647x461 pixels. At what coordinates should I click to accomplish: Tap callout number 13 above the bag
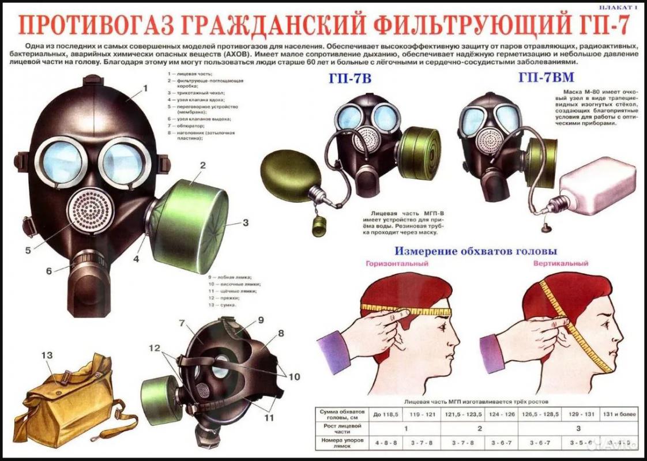(x=47, y=356)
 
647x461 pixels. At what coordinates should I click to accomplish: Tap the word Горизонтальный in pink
(x=397, y=264)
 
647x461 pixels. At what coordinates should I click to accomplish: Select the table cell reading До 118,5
(x=387, y=414)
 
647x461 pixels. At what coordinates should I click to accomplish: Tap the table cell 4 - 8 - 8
(x=387, y=443)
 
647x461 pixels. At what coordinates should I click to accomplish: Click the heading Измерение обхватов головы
(x=475, y=251)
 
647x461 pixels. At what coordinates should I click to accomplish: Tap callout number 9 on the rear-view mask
(x=261, y=320)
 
